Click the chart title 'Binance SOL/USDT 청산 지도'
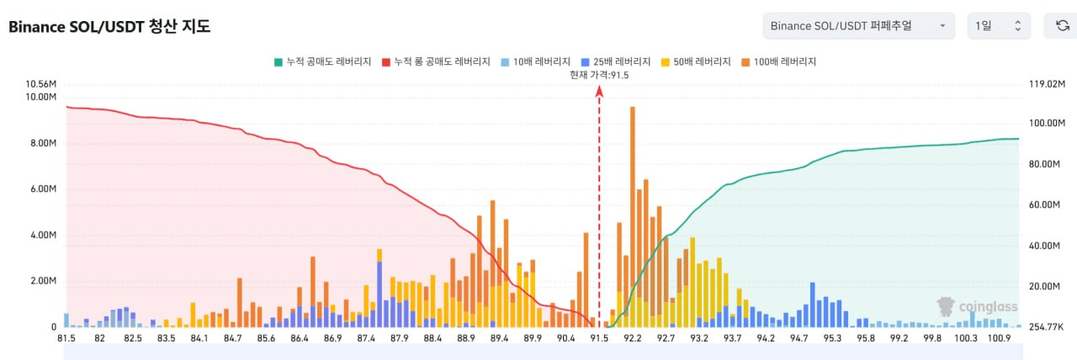(109, 27)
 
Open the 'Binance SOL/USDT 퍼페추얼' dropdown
(858, 26)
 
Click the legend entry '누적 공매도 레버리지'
(323, 61)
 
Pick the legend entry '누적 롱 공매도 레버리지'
(436, 61)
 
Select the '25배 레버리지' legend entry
(616, 61)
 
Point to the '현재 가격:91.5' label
(599, 75)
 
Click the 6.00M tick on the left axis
(41, 189)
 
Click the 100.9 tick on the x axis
(1000, 338)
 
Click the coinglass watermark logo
(977, 307)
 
